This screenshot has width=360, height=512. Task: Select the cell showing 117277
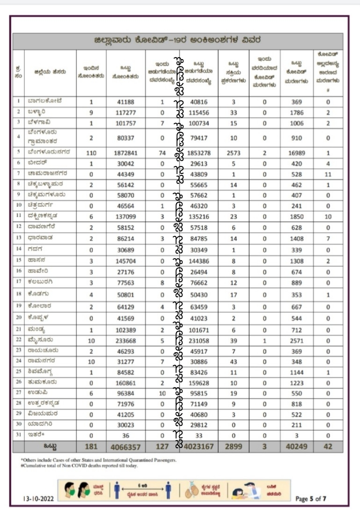click(125, 113)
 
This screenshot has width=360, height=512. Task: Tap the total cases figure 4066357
click(125, 447)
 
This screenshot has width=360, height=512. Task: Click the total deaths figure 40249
click(296, 447)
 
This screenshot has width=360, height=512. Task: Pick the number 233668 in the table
click(125, 341)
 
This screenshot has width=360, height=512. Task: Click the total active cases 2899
click(233, 447)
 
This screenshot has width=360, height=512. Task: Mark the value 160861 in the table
click(125, 382)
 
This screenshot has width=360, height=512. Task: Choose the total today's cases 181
click(91, 447)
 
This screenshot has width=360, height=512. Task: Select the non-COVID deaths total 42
click(328, 447)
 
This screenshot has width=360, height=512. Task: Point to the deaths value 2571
click(296, 341)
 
